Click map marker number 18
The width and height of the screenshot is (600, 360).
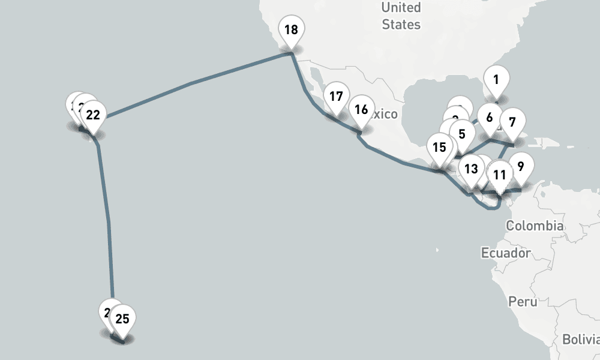(291, 29)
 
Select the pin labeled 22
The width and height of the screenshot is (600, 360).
(93, 114)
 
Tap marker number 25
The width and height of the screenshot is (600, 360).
(122, 319)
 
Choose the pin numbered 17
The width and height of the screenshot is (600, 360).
(336, 96)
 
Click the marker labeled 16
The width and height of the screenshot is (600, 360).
(361, 110)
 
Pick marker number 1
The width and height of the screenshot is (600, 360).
(496, 79)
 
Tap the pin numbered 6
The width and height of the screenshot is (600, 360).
(490, 118)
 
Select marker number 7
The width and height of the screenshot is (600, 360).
(512, 122)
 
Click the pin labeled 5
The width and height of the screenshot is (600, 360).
(461, 134)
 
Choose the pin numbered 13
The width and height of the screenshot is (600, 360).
(471, 168)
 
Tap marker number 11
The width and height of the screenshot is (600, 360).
(500, 175)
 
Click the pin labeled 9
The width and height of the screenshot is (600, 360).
(520, 166)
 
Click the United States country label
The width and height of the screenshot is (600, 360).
(401, 16)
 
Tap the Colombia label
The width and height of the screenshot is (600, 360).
(535, 226)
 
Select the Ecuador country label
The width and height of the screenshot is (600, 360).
(506, 253)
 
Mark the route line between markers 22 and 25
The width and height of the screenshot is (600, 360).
(109, 222)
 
